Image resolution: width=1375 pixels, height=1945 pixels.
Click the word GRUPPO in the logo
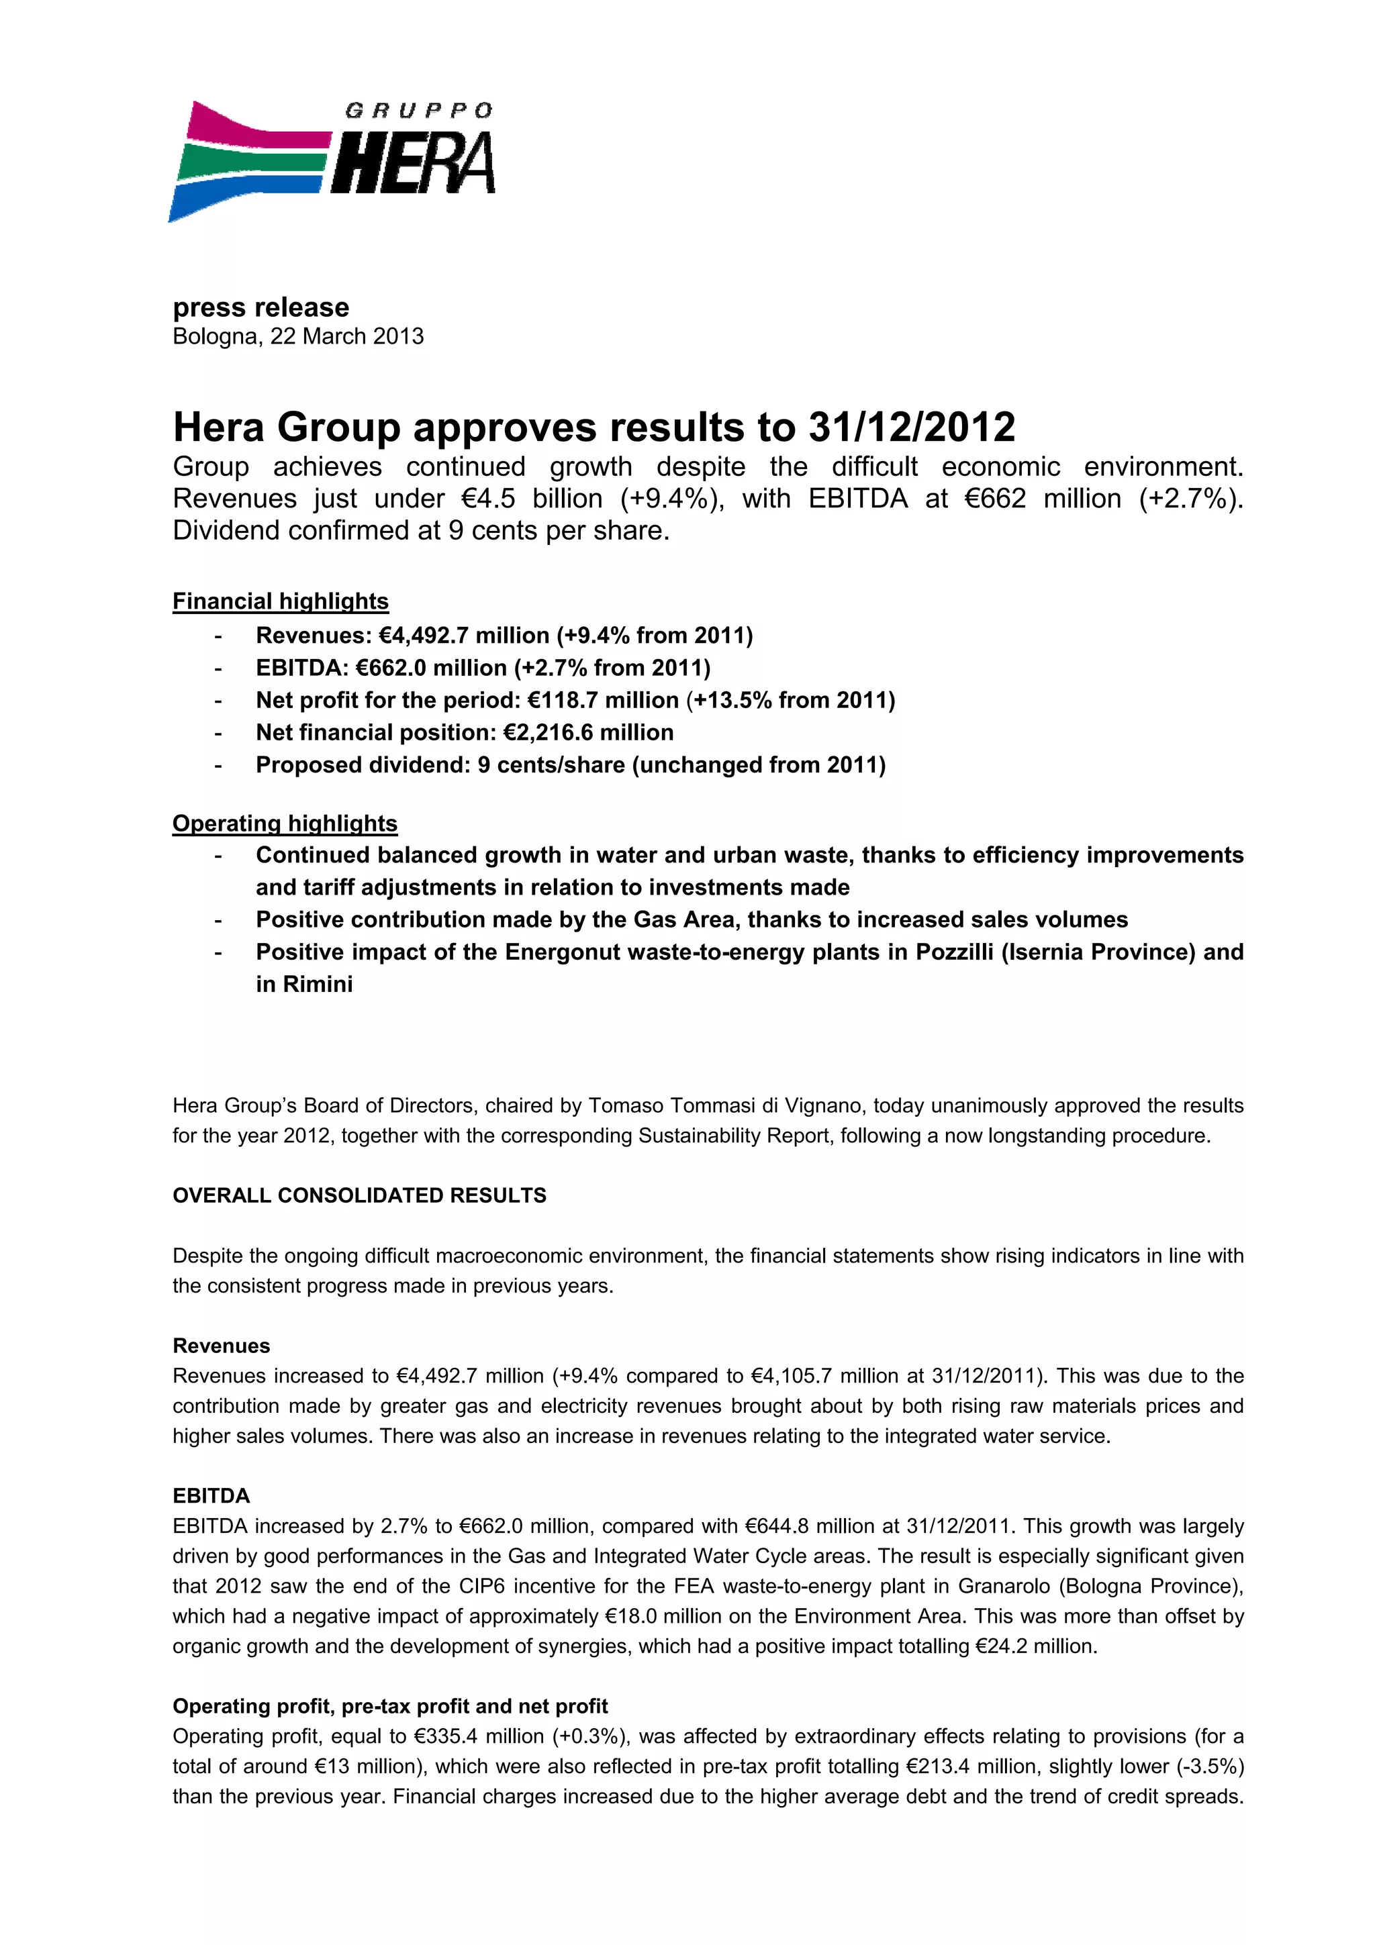point(418,111)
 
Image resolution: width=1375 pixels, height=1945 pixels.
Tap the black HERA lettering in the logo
point(414,162)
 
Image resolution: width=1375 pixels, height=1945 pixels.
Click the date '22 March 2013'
point(346,336)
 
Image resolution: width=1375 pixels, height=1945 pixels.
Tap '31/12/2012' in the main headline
point(912,427)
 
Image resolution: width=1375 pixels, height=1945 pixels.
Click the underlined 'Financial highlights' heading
point(281,601)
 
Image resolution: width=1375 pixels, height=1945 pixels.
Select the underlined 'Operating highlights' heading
point(285,824)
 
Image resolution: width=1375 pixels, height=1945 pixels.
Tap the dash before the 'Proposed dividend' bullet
point(219,766)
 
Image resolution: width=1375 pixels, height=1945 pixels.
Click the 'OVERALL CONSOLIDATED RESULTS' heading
point(359,1195)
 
